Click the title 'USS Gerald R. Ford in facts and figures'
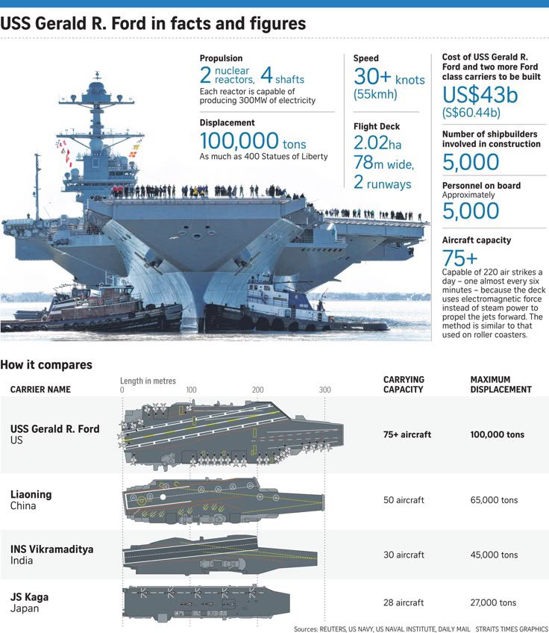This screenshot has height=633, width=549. point(153,23)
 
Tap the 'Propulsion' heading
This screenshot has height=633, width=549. point(221,58)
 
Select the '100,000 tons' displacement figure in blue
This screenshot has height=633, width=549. point(253,141)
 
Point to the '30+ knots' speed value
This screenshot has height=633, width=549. point(388,78)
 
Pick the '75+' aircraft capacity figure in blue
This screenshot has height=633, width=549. point(459,258)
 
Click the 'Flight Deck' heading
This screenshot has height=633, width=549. point(377,127)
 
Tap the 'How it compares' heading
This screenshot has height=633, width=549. point(46,365)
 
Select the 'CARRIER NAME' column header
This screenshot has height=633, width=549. point(40,390)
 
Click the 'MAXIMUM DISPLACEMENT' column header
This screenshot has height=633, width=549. point(501,384)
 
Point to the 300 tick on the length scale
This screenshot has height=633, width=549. point(325,390)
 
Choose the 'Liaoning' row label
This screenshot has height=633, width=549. point(31,494)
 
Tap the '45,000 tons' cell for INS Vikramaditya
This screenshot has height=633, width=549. point(494,555)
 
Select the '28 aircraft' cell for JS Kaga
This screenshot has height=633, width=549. point(404,602)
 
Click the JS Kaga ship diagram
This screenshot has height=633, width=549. point(205,600)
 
